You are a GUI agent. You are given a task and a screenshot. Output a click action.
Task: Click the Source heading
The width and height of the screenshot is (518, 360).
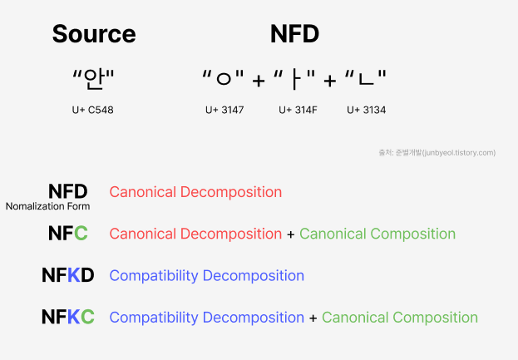coord(93,34)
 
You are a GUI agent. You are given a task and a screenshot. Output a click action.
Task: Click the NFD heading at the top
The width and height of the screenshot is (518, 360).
coord(294,34)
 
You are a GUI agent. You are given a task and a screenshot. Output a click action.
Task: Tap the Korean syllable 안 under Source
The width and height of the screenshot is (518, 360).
coord(93,80)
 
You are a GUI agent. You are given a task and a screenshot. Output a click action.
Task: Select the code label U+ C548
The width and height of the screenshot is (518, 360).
coord(92,110)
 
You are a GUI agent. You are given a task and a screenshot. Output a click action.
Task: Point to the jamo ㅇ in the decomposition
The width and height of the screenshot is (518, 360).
coord(223,80)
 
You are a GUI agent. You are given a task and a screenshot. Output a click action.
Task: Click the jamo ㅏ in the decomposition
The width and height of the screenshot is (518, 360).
coord(295,80)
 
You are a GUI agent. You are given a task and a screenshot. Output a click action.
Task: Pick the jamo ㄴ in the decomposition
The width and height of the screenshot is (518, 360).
coord(366,80)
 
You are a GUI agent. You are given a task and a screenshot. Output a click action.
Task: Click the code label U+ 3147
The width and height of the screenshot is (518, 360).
coord(224,110)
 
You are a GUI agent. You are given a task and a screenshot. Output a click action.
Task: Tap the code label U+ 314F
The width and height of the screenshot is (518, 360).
coord(298,110)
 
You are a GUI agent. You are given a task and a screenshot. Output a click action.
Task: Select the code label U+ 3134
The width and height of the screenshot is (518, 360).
coord(366,110)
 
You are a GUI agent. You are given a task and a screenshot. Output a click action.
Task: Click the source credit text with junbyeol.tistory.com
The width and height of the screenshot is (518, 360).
coord(437,152)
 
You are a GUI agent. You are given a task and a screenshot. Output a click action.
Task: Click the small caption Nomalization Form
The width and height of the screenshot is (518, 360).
coord(47,206)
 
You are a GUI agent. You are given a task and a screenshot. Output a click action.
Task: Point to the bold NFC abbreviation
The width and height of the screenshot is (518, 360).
coord(67,234)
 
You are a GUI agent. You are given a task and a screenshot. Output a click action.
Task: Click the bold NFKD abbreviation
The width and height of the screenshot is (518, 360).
coord(67,275)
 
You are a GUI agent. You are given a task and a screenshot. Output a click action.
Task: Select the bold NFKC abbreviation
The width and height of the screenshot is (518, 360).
coord(67,317)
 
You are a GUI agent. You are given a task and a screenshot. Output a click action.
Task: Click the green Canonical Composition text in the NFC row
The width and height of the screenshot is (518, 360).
coord(377,234)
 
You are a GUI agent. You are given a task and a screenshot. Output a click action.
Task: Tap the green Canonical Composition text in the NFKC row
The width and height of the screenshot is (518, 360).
coord(400,317)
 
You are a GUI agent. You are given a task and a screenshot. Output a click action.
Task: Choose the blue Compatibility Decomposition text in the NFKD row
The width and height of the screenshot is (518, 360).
coord(206,275)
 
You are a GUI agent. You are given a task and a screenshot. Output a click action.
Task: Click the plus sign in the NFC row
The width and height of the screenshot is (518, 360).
coord(290,234)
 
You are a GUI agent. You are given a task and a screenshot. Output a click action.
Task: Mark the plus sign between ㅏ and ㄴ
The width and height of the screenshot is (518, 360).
coord(330,81)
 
